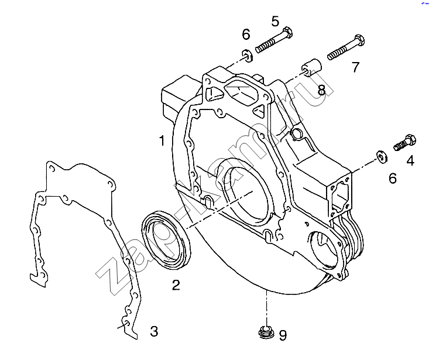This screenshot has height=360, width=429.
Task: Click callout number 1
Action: (162, 140)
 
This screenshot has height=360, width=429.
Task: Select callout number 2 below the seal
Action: (176, 284)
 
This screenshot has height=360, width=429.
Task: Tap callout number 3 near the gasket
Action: (155, 331)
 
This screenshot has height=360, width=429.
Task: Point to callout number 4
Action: (410, 161)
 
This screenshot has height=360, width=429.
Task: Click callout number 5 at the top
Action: (275, 21)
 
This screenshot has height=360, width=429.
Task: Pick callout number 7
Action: (355, 67)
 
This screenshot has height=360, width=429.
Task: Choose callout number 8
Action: (322, 90)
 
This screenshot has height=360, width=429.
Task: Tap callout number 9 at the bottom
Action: (283, 335)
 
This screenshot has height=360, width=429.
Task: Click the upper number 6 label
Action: (246, 35)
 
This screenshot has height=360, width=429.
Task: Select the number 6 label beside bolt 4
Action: (392, 179)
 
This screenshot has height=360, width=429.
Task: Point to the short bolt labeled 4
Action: (405, 142)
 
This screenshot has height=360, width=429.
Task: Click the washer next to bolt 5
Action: (247, 56)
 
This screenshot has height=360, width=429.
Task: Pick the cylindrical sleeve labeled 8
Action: (311, 68)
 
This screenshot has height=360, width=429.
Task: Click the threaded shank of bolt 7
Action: (341, 51)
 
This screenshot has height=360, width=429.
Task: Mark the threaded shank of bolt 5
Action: (269, 44)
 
